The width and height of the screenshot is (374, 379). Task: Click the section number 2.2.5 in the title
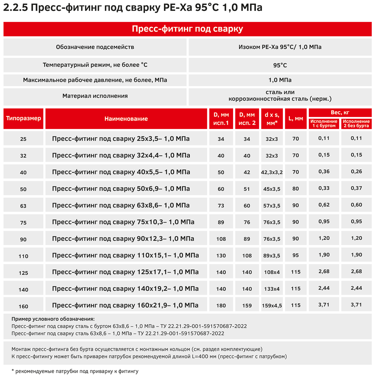tap(16, 8)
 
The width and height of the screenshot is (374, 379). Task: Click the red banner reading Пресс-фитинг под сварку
tap(187, 29)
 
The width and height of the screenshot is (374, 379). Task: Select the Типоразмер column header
tap(24, 118)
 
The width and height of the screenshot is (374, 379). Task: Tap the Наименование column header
tap(126, 119)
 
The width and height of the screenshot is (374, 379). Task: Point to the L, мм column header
tap(295, 119)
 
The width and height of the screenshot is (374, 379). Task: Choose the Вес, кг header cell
tap(340, 112)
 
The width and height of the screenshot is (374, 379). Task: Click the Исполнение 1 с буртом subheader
tap(324, 123)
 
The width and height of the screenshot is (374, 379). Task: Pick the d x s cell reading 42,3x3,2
tap(272, 172)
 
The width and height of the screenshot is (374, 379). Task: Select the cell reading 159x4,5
tap(272, 306)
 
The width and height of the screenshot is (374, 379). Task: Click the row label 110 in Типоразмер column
tap(23, 256)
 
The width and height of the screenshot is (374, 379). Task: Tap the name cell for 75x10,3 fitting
tap(123, 222)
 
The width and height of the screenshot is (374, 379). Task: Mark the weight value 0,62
tap(324, 205)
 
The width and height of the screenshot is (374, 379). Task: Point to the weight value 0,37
tap(356, 188)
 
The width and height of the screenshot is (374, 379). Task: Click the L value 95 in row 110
tap(295, 255)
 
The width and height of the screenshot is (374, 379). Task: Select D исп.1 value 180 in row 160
tap(221, 306)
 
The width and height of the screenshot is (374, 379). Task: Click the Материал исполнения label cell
tap(95, 96)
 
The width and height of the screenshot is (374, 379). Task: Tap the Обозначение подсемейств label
tap(95, 47)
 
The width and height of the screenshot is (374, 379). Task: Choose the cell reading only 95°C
tap(280, 65)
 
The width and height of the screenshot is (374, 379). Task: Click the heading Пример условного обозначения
tap(53, 319)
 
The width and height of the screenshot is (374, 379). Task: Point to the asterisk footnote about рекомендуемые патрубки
tap(75, 371)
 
